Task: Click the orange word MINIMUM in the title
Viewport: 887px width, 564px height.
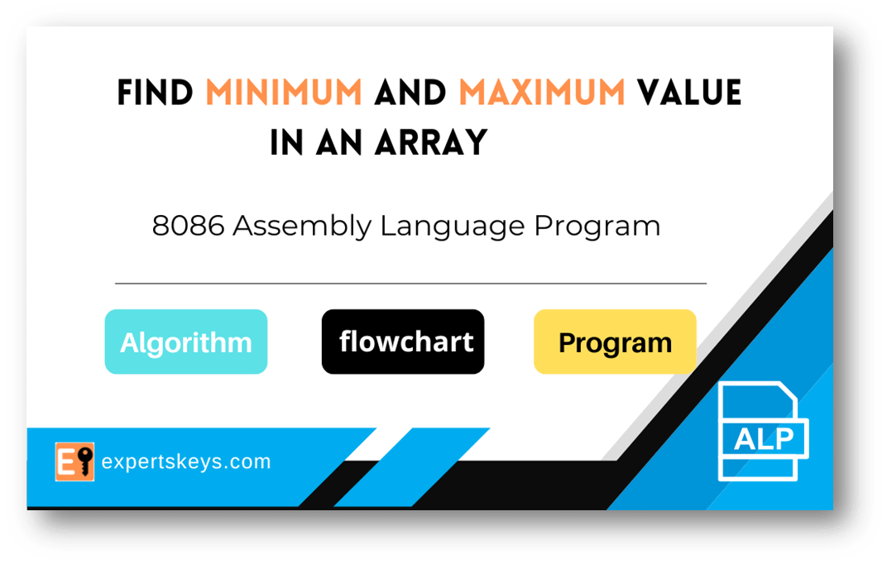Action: (284, 93)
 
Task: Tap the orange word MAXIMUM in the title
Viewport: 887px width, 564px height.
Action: (542, 93)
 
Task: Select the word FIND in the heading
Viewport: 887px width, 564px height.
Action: (156, 93)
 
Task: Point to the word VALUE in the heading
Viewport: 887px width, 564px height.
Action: (688, 93)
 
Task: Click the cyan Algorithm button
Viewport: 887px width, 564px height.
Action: (185, 342)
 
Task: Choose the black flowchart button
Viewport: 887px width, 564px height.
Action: (403, 342)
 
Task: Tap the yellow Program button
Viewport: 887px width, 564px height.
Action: (615, 342)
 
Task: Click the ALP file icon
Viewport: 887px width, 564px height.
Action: (762, 431)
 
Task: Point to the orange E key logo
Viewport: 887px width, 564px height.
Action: (74, 461)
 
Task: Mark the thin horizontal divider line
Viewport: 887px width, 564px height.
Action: (410, 284)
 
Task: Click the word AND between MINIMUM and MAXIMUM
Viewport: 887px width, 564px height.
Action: (410, 93)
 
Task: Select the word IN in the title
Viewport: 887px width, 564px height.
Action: (286, 143)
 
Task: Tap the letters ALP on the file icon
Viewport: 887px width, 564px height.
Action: (763, 438)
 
